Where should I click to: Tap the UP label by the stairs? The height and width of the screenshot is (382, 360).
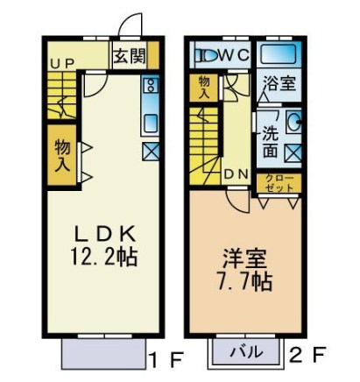pyautogui.click(x=61, y=63)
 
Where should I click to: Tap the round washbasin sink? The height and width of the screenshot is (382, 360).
pyautogui.click(x=293, y=123)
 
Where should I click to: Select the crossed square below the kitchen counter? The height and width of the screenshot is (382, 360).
pyautogui.click(x=150, y=150)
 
